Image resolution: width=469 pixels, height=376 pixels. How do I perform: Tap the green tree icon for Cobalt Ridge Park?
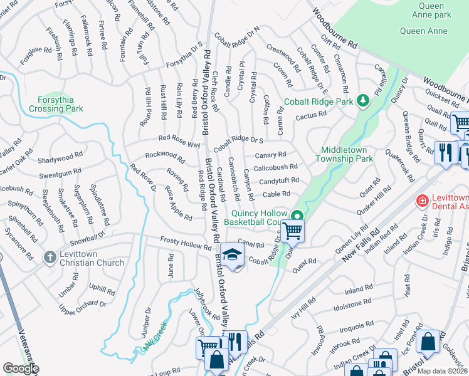[362, 100]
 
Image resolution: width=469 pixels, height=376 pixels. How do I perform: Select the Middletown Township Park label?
[347, 154]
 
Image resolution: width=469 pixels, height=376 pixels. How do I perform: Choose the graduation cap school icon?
[232, 255]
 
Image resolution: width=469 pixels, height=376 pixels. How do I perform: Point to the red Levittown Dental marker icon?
[423, 201]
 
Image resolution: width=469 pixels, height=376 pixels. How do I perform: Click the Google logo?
[21, 368]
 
